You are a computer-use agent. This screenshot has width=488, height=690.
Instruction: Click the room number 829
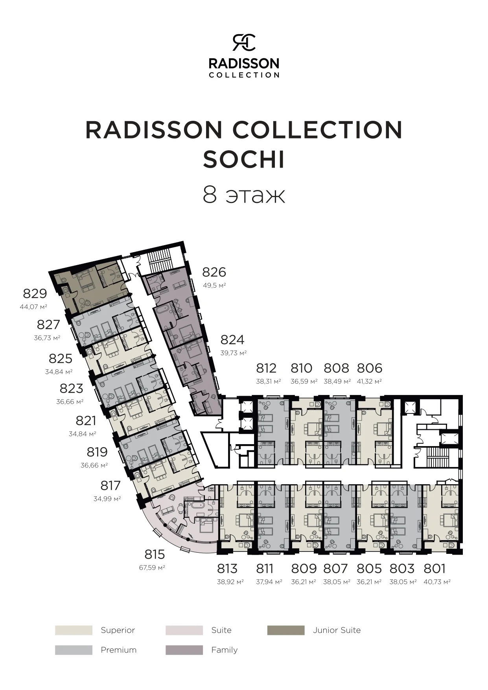click(x=35, y=293)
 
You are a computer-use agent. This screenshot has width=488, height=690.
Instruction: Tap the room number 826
click(x=214, y=272)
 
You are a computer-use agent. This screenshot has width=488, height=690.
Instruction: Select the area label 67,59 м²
click(x=152, y=568)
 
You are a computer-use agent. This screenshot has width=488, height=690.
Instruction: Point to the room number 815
click(x=155, y=554)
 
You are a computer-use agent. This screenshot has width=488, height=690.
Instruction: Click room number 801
click(x=435, y=568)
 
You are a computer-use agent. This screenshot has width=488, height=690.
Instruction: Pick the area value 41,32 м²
click(x=369, y=381)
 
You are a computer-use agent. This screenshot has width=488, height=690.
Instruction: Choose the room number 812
click(x=266, y=368)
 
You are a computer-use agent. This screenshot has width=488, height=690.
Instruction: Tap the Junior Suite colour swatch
click(x=286, y=630)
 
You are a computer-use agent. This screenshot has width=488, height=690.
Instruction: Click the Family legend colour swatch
click(x=184, y=650)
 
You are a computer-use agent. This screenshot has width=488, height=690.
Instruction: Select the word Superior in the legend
click(x=118, y=630)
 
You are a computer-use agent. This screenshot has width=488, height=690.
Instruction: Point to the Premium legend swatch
click(x=74, y=650)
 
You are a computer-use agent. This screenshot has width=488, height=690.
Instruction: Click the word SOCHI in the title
click(x=244, y=160)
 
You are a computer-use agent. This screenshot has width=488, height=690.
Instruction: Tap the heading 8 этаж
click(x=244, y=194)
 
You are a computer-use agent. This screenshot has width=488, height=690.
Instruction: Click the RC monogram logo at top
click(x=244, y=42)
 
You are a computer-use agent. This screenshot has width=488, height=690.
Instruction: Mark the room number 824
click(x=232, y=339)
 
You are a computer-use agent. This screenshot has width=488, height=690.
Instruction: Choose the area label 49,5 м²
click(x=214, y=285)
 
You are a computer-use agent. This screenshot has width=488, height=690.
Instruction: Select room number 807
click(x=336, y=568)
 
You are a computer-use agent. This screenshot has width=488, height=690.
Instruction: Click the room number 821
click(x=86, y=421)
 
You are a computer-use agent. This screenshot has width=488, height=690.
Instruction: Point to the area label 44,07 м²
click(x=33, y=306)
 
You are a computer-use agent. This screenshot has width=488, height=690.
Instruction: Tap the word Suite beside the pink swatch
click(x=221, y=630)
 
